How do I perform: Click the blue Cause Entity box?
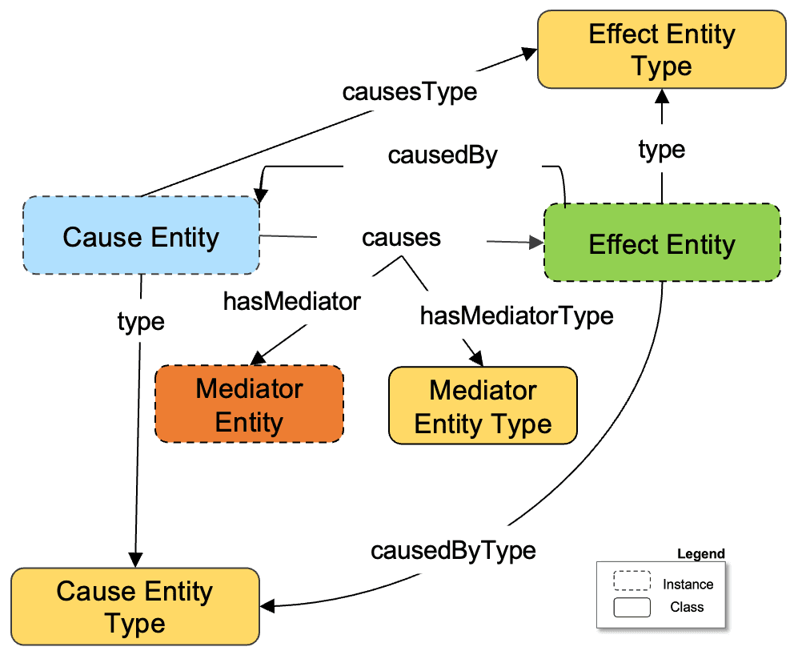[141, 237]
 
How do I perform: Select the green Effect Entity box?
[661, 243]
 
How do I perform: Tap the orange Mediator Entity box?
[249, 405]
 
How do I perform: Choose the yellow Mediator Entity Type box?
[483, 406]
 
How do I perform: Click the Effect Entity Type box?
[661, 49]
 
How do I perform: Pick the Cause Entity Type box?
[134, 607]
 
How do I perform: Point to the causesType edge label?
[409, 91]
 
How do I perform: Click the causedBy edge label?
[443, 155]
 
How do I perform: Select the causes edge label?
[401, 238]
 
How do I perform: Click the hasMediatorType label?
[516, 315]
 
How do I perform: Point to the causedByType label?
[453, 551]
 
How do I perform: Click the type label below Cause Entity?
[141, 321]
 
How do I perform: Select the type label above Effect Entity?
[661, 149]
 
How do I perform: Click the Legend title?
[700, 553]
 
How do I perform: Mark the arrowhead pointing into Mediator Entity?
[258, 358]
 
